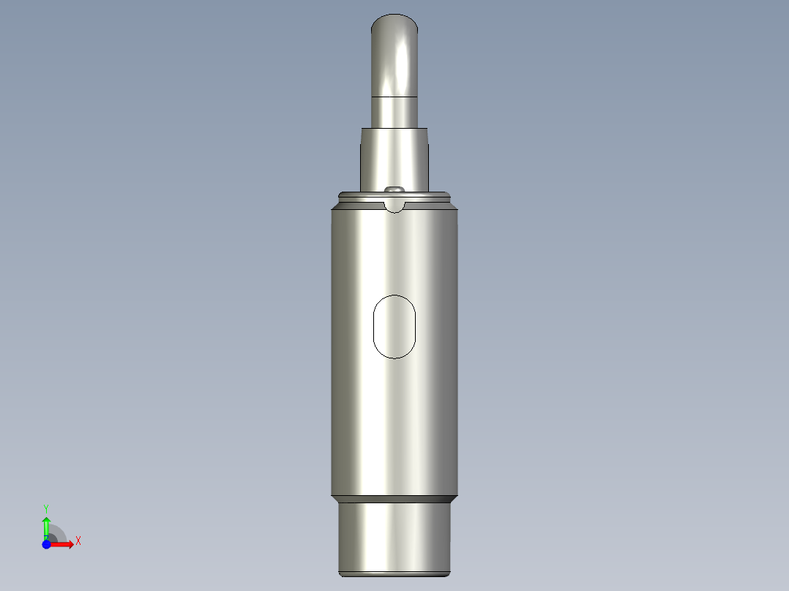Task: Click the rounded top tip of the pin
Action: (x=395, y=22)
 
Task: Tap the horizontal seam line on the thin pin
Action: (x=395, y=97)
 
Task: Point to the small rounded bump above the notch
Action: (x=395, y=189)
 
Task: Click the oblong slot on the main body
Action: (x=394, y=326)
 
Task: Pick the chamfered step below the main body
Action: (x=395, y=499)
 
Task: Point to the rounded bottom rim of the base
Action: (x=395, y=573)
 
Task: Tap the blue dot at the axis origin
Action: (x=46, y=544)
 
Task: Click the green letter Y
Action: (x=46, y=508)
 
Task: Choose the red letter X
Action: (x=78, y=541)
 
